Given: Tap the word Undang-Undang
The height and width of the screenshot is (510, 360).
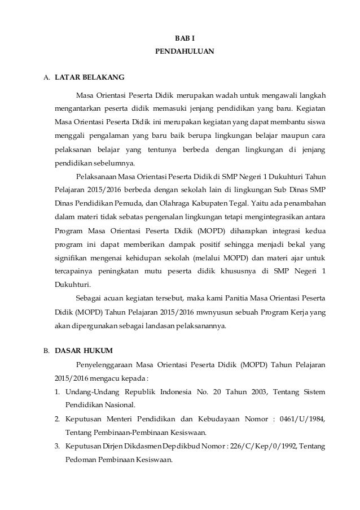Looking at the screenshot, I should pyautogui.click(x=91, y=393).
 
